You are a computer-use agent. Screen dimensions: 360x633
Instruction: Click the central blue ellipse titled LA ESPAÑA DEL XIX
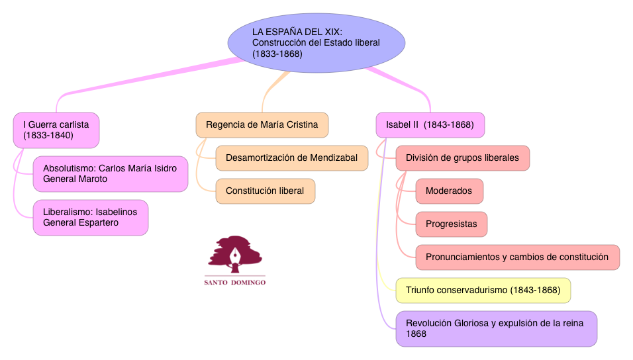coord(316,42)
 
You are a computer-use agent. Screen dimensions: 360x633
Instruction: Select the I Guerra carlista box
coord(56,130)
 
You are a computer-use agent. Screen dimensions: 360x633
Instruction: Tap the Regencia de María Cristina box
coord(262,124)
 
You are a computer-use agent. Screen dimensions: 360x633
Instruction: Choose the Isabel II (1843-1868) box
coord(430,124)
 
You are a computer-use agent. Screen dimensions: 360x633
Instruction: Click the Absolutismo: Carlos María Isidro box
coord(111,173)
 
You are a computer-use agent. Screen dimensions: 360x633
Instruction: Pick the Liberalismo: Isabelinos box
coord(91,217)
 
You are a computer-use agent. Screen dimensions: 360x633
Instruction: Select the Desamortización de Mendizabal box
coord(291,157)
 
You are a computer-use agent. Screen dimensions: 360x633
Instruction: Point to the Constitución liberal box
coord(265,191)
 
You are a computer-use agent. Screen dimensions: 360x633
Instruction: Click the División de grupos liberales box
coord(462,157)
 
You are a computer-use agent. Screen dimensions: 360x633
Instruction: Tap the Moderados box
coord(449,191)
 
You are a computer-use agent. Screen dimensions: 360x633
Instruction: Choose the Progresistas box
coord(451,224)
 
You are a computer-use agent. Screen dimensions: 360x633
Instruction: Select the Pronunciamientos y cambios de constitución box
coord(517,257)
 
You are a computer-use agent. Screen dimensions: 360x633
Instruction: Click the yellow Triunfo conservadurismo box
coord(483,290)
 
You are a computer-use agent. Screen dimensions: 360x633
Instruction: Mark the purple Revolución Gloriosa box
coord(496,328)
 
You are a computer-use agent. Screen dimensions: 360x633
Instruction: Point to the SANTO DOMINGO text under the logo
coord(234,283)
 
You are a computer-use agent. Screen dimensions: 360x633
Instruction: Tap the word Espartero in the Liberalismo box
coord(97,222)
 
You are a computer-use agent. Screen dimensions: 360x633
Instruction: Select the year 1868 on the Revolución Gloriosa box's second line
coord(416,334)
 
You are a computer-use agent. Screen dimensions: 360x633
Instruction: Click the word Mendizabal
coord(332,157)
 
